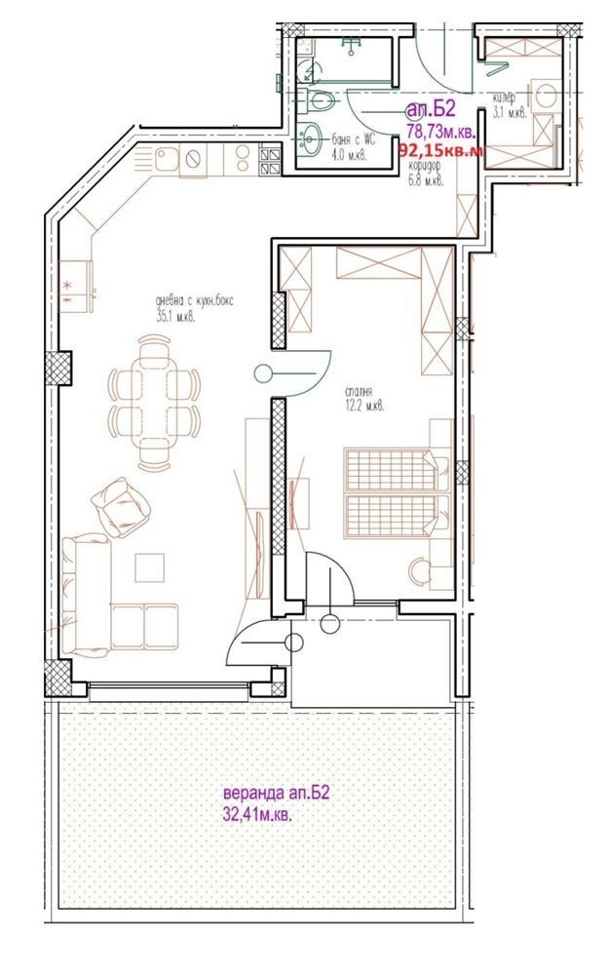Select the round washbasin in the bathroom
click(311, 140)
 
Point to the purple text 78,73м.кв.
click(440, 132)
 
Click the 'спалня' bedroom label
click(361, 394)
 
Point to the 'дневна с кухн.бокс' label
click(194, 301)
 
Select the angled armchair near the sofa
click(122, 508)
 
